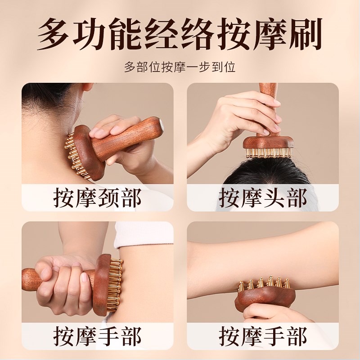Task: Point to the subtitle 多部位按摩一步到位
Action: [180, 67]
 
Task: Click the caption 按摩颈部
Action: [98, 198]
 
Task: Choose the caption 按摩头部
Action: [263, 198]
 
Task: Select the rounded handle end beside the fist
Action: [29, 279]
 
